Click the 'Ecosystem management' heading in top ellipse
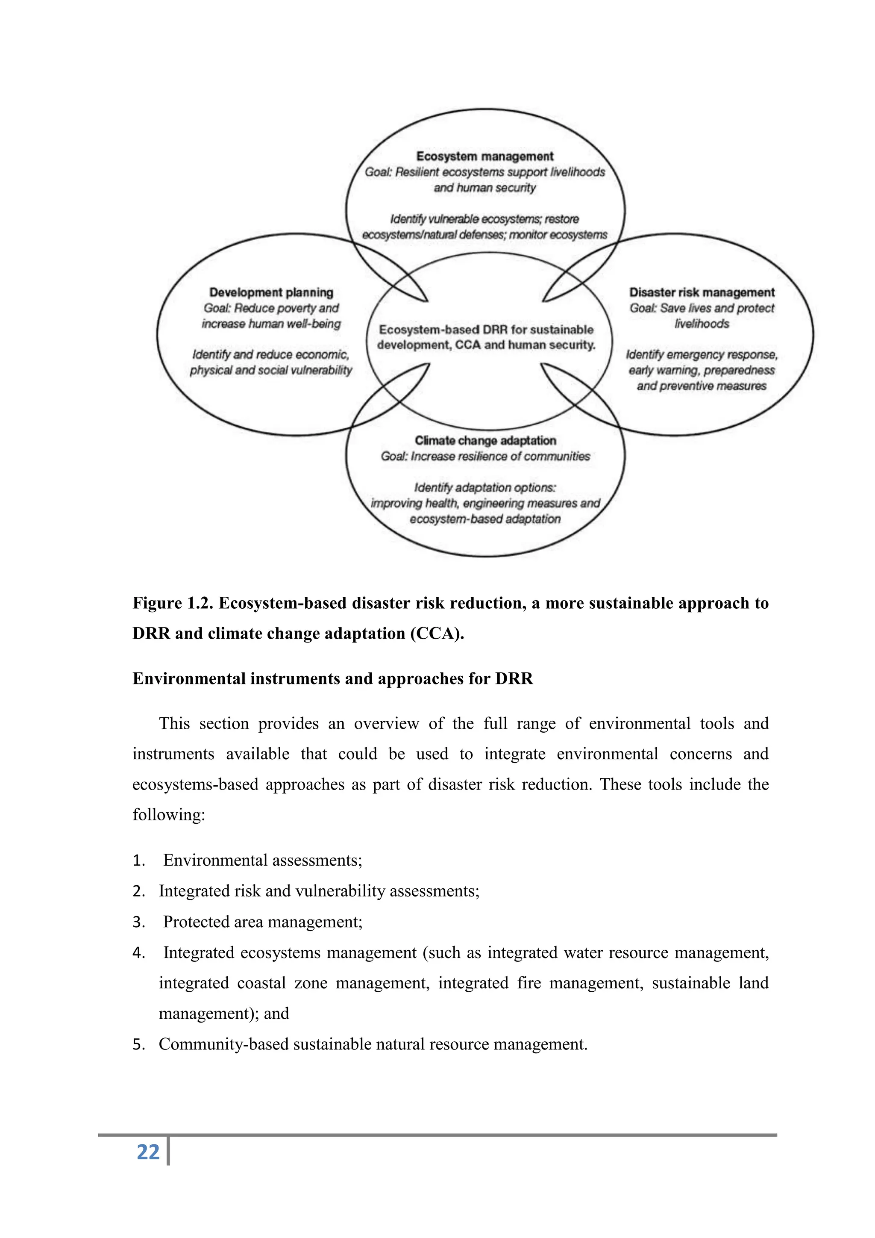pos(484,156)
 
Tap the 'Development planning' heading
pos(271,292)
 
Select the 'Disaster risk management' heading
pos(702,292)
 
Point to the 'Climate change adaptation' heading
pos(485,441)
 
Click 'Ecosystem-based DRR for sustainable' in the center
pos(486,330)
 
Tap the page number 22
pos(148,1152)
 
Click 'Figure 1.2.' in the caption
pos(173,603)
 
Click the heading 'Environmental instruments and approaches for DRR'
pos(332,678)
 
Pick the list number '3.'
pos(139,922)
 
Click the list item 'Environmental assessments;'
pos(262,860)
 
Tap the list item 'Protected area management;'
pos(262,922)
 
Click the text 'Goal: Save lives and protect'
pos(702,308)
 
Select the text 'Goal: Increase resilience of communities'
pos(485,456)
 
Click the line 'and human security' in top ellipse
pos(484,188)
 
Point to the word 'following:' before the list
pos(169,814)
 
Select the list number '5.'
pos(139,1044)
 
